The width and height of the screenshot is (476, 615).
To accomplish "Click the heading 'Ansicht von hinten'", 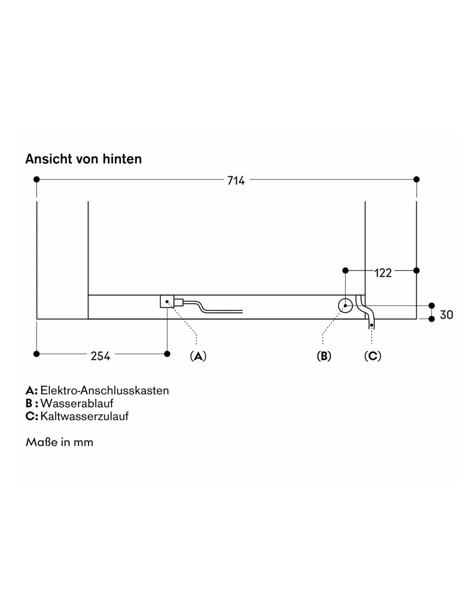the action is tap(84, 159).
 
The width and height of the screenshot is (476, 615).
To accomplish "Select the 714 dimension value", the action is tap(236, 181).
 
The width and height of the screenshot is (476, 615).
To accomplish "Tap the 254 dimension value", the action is tap(100, 356).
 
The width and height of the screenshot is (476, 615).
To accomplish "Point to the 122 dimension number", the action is tap(383, 273).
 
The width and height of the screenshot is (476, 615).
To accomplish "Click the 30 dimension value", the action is tap(447, 315).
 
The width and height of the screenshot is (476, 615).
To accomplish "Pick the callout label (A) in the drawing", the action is tap(198, 356).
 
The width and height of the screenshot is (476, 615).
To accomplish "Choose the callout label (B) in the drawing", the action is tap(324, 356).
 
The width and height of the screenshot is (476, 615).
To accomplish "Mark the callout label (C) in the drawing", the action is tap(373, 356).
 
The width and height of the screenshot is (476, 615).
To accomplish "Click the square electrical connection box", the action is tap(167, 301).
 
